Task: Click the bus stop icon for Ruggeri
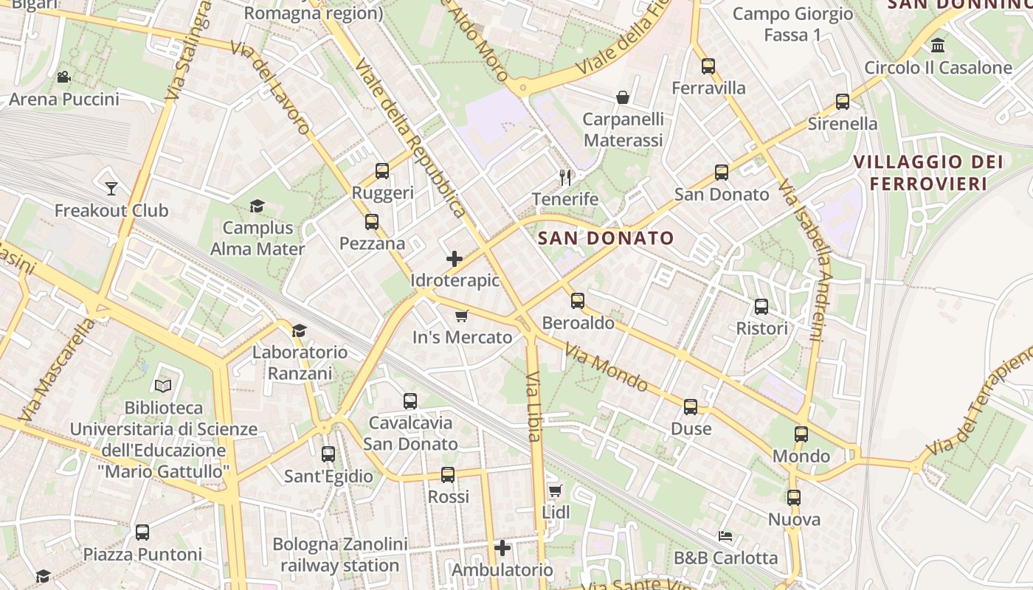coord(381,171)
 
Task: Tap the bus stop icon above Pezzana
coord(371,222)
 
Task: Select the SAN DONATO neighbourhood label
coord(606,237)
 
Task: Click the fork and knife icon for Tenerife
coord(565,177)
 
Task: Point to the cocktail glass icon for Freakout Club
coord(111,189)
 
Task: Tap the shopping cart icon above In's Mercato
coord(462,316)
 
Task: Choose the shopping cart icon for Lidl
coord(556,490)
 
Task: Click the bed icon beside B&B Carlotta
coord(725,536)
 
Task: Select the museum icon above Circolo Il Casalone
coord(938,46)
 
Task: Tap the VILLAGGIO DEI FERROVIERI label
coord(928,173)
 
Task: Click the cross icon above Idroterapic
coord(455,259)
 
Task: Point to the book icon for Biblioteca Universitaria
coord(163,386)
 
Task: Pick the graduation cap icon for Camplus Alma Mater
coord(257,206)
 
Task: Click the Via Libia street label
coord(534,407)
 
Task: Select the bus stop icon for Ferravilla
coord(708,66)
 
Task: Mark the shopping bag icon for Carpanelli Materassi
coord(623,97)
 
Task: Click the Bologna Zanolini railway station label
coord(339,555)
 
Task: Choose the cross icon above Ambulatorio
coord(502,548)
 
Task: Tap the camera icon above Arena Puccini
coord(63,77)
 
